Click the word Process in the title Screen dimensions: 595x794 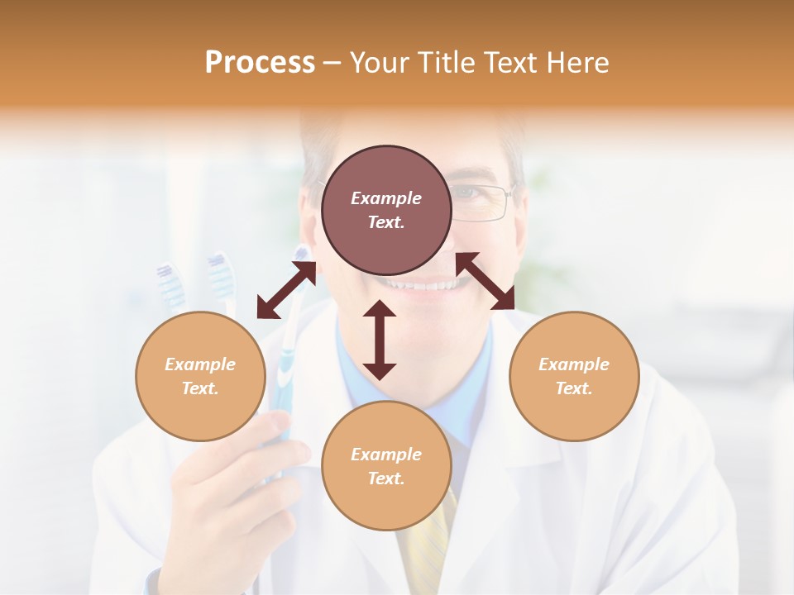click(x=260, y=63)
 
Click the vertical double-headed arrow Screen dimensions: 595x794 click(x=380, y=340)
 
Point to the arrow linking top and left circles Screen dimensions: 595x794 click(x=286, y=291)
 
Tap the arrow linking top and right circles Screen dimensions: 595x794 click(x=485, y=282)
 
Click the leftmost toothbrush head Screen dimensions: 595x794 click(x=170, y=281)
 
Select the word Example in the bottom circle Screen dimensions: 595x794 click(x=386, y=455)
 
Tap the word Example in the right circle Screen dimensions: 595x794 click(x=574, y=364)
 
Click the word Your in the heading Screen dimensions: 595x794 click(x=380, y=63)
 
